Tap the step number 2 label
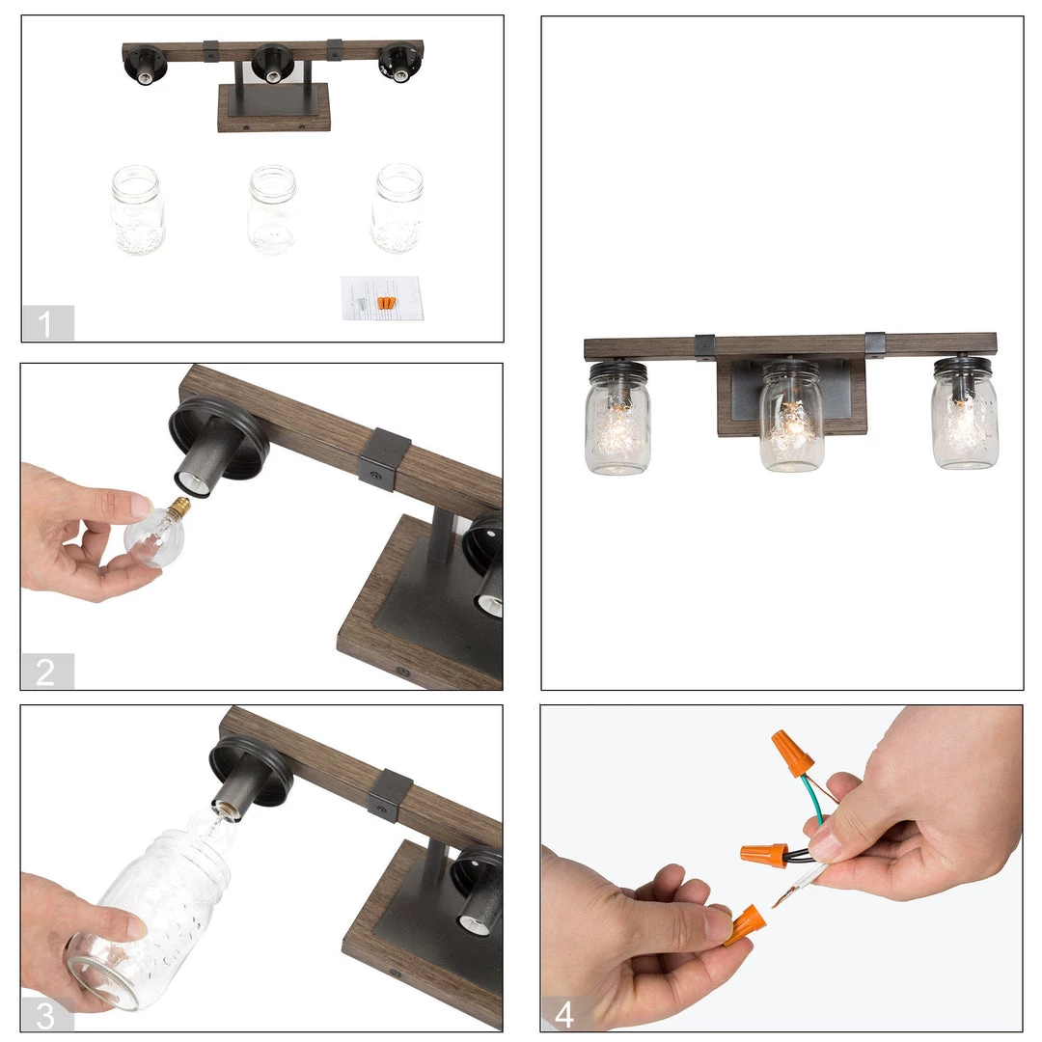pos(45,672)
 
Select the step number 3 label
pos(45,1015)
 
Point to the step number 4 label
pos(564,1015)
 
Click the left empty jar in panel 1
pos(137,210)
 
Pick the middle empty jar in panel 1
pos(272,209)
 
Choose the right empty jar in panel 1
pos(398,208)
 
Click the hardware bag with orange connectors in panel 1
pos(381,298)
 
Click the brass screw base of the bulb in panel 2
pos(180,507)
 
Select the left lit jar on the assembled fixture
pos(618,419)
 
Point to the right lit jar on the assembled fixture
pos(965,413)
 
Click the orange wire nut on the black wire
pos(764,855)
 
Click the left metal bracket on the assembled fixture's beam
pos(705,347)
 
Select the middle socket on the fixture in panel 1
pos(272,63)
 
